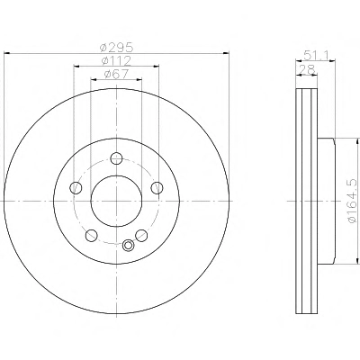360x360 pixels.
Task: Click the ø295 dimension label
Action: (x=117, y=48)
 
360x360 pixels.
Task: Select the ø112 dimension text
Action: (x=116, y=61)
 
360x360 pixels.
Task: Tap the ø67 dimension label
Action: (x=116, y=74)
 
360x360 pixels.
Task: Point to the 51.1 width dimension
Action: (x=316, y=55)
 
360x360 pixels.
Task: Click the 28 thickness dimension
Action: (x=307, y=70)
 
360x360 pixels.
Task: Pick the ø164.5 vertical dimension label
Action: (x=353, y=201)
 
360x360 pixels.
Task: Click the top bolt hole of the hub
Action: (x=116, y=158)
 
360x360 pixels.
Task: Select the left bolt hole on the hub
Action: (x=76, y=188)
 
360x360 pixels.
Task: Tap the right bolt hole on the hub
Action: (x=157, y=188)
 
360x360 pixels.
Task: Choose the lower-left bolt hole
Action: (x=91, y=236)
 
